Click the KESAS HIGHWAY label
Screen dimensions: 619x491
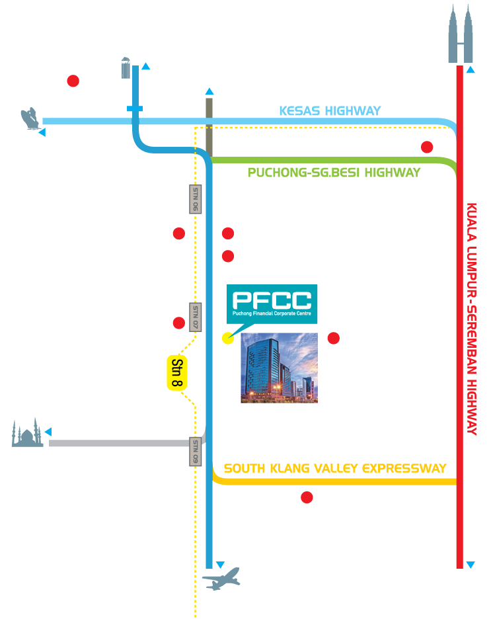(330, 110)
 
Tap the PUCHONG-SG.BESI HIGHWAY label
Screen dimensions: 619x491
(334, 172)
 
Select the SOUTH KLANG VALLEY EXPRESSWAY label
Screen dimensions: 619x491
(335, 468)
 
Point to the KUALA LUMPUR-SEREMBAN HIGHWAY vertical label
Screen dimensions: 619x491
(472, 317)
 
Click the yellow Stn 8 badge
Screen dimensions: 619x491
(176, 373)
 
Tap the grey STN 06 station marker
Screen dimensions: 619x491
(195, 198)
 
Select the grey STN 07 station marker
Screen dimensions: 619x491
(195, 317)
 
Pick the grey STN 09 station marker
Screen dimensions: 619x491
(196, 451)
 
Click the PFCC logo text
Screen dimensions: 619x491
(272, 299)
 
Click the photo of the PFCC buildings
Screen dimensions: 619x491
(279, 368)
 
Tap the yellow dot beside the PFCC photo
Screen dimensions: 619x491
(227, 339)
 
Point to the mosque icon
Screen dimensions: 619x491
(28, 433)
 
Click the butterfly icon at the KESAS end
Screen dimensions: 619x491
(28, 119)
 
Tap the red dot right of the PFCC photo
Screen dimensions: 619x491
(334, 339)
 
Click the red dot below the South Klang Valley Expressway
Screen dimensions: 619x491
(307, 497)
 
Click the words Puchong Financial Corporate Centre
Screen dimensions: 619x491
(272, 313)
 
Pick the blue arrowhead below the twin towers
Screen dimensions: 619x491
(470, 69)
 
